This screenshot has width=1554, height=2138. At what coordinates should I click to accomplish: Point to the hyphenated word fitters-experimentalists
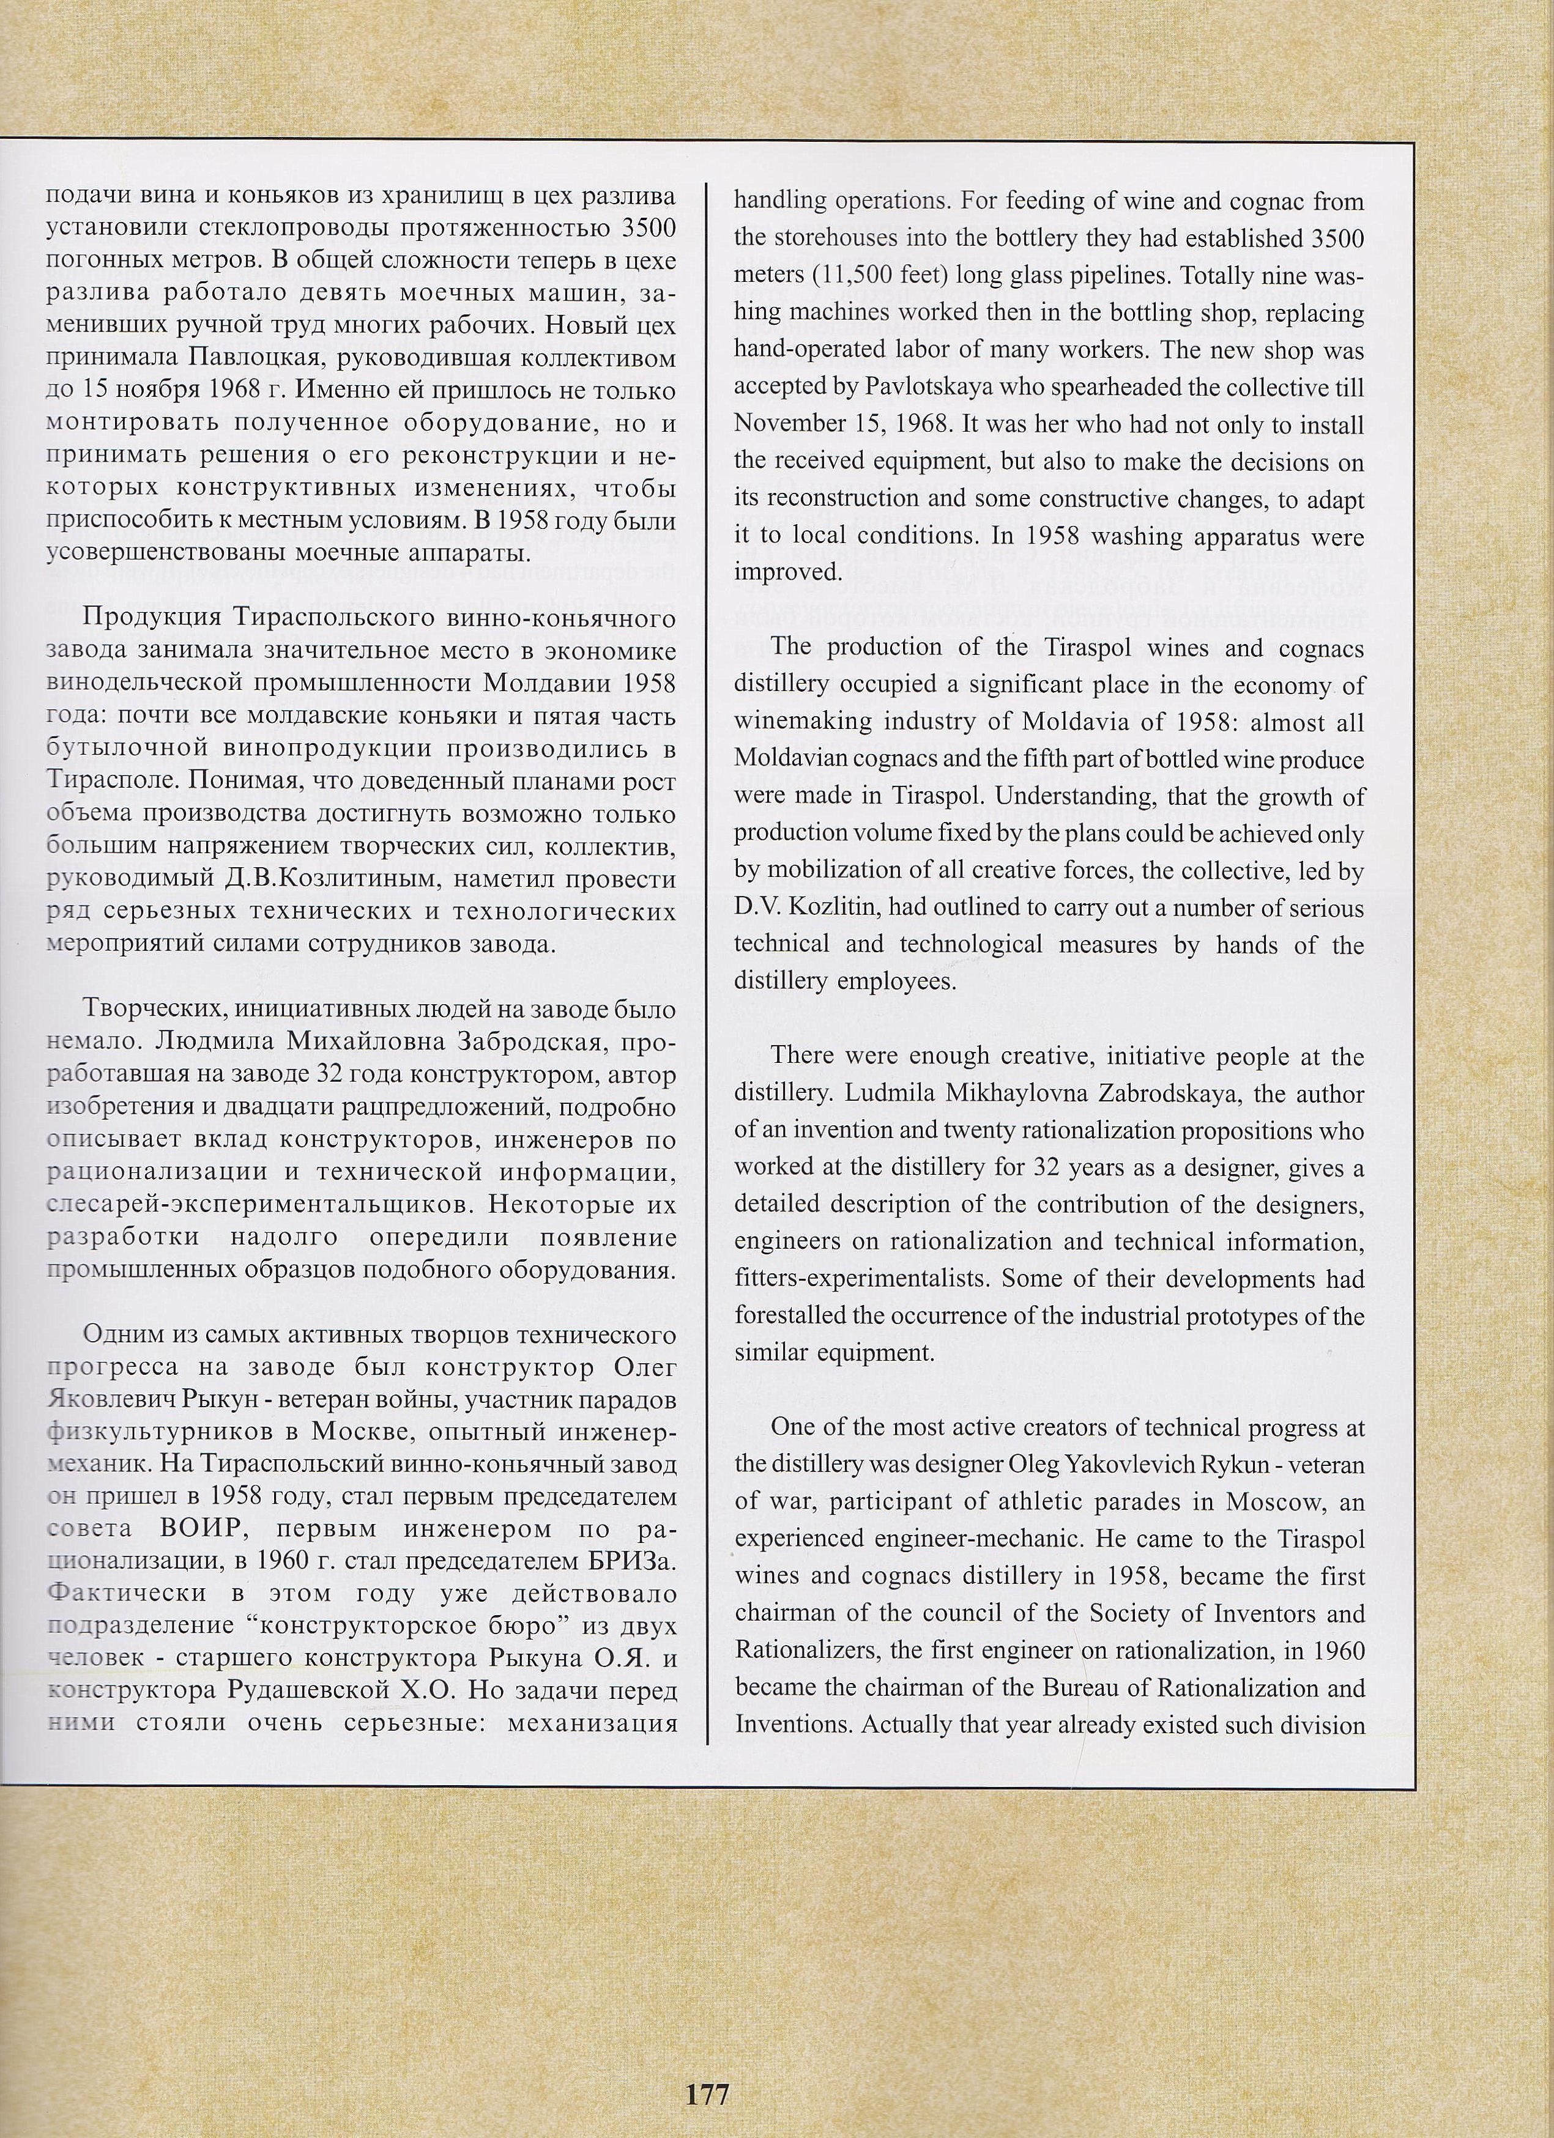tap(859, 1280)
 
